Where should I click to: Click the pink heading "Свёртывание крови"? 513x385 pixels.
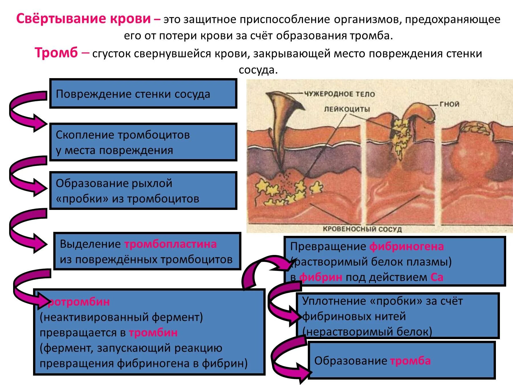tap(83, 19)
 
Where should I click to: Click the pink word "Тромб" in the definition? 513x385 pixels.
tap(56, 53)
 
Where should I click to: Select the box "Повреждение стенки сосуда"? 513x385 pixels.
tap(143, 94)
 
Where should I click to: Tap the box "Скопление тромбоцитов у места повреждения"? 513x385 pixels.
tap(143, 142)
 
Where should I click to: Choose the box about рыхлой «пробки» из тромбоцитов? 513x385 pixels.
tap(143, 191)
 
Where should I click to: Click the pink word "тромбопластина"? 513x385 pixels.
tap(170, 244)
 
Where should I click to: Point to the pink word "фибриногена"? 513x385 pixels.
tap(407, 246)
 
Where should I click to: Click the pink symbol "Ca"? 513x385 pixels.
tap(437, 277)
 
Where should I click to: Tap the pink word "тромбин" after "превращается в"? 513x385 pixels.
tap(153, 333)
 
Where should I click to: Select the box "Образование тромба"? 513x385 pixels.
tap(402, 361)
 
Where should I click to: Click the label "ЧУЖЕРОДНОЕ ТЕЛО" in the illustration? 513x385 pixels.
tap(339, 94)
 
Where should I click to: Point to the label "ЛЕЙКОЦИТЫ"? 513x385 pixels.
tap(347, 109)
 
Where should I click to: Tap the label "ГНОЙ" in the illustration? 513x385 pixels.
tap(449, 104)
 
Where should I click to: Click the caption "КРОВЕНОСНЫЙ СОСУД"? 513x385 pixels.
tap(362, 229)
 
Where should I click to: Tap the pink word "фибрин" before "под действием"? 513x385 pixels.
tap(321, 277)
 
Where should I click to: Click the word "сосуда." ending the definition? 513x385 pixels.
tap(258, 70)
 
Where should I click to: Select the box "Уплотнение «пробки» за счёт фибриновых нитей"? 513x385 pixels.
tap(398, 316)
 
